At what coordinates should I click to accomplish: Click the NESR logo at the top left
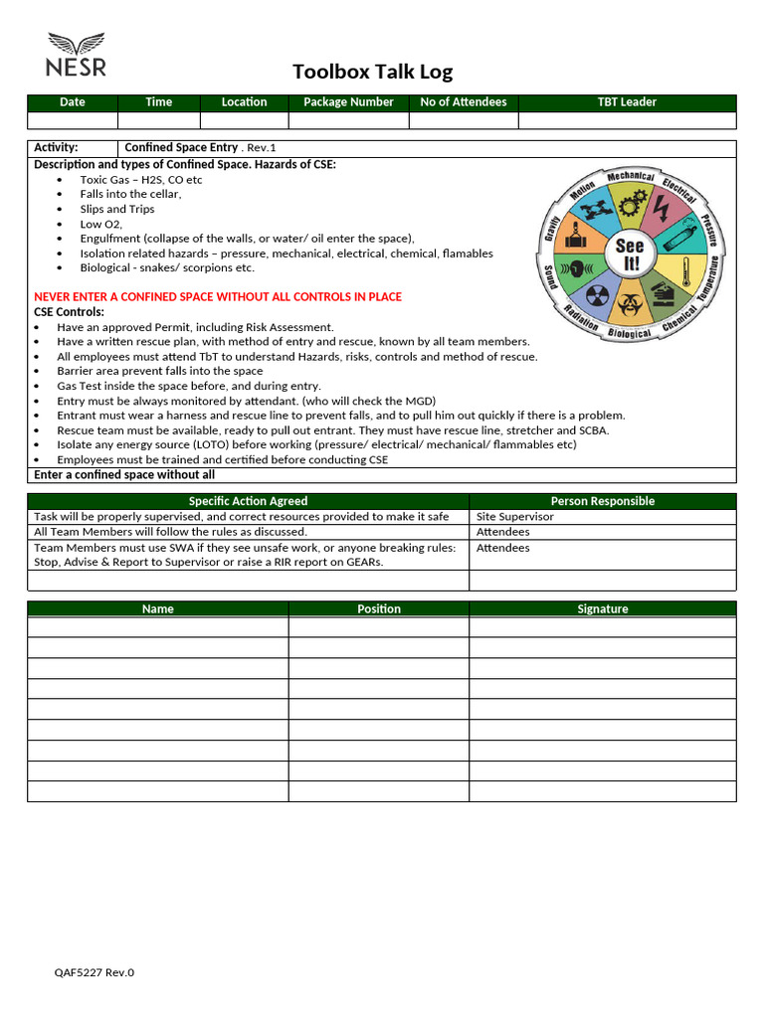76,56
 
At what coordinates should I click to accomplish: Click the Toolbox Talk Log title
372,72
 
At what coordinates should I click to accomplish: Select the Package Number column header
348,102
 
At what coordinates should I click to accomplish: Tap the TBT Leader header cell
627,102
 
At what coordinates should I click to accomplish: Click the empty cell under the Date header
72,120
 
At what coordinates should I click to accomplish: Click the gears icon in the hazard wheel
630,203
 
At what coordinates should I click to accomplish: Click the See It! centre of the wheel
630,254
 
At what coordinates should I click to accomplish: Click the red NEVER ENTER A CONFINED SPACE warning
218,297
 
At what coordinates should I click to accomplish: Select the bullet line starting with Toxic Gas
140,180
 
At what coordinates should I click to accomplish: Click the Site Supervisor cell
515,517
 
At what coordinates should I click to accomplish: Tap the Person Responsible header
602,501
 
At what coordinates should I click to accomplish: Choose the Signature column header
602,608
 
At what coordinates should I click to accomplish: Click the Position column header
379,608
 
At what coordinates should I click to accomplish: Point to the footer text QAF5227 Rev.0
94,972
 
